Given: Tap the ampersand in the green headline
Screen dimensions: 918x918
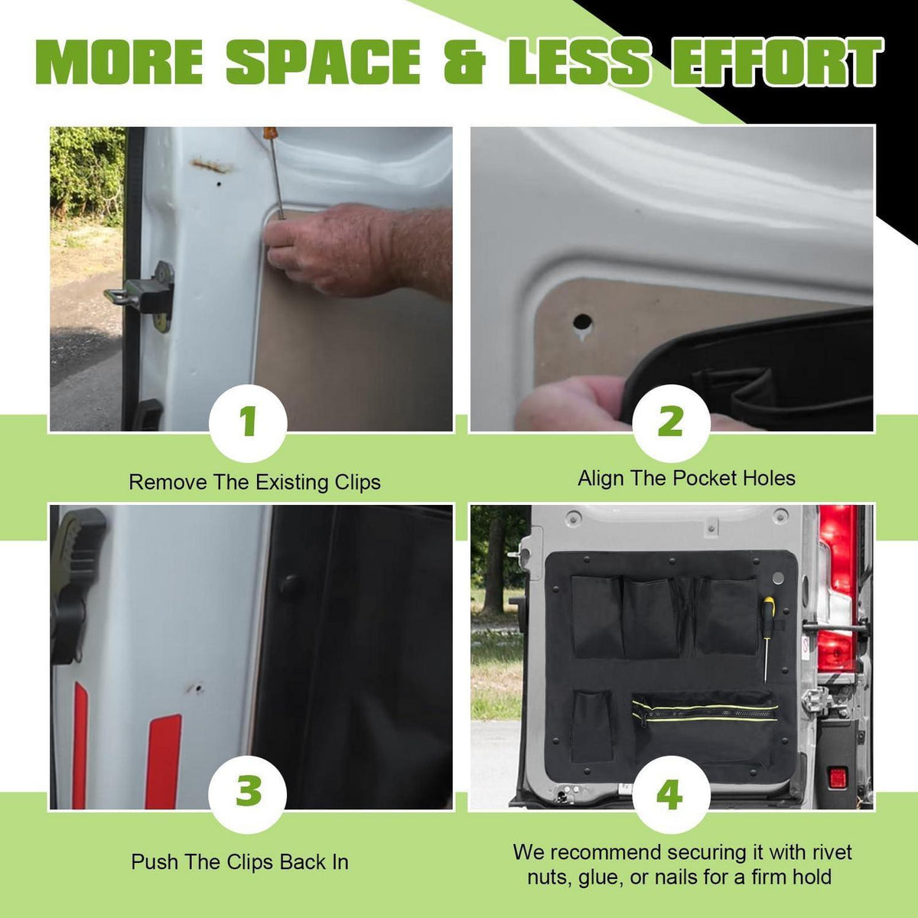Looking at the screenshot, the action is tap(464, 62).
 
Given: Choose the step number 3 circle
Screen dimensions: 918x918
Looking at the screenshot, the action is tap(248, 791).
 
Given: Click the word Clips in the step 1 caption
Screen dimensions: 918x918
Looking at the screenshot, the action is tap(357, 483).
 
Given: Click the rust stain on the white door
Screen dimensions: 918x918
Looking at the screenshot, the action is tap(210, 165).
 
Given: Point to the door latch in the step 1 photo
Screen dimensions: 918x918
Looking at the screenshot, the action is tap(143, 295).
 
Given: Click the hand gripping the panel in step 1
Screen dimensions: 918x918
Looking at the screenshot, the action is tap(353, 250).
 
